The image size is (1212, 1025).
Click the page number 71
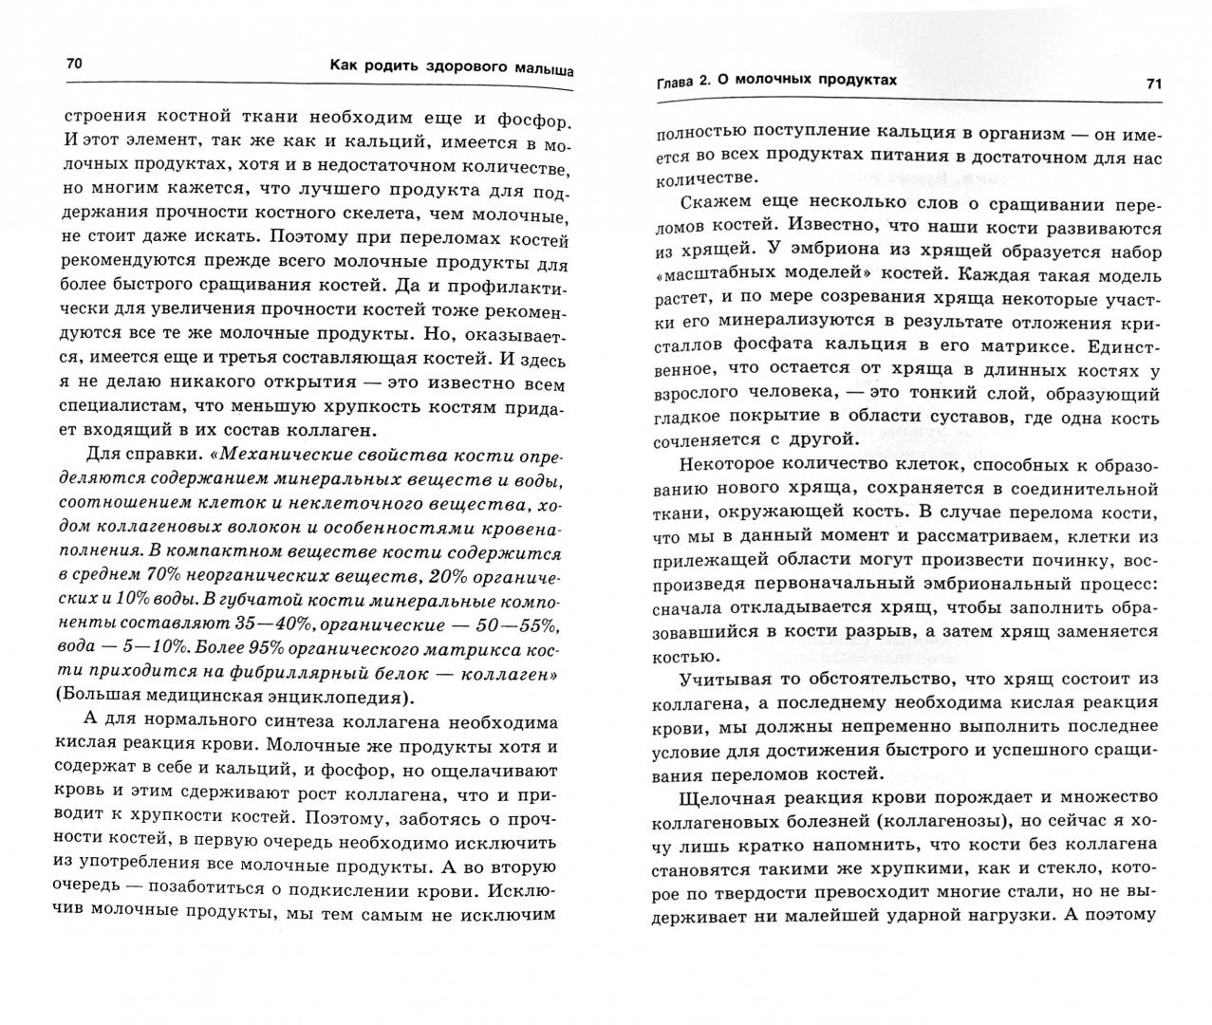coord(1154,84)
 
